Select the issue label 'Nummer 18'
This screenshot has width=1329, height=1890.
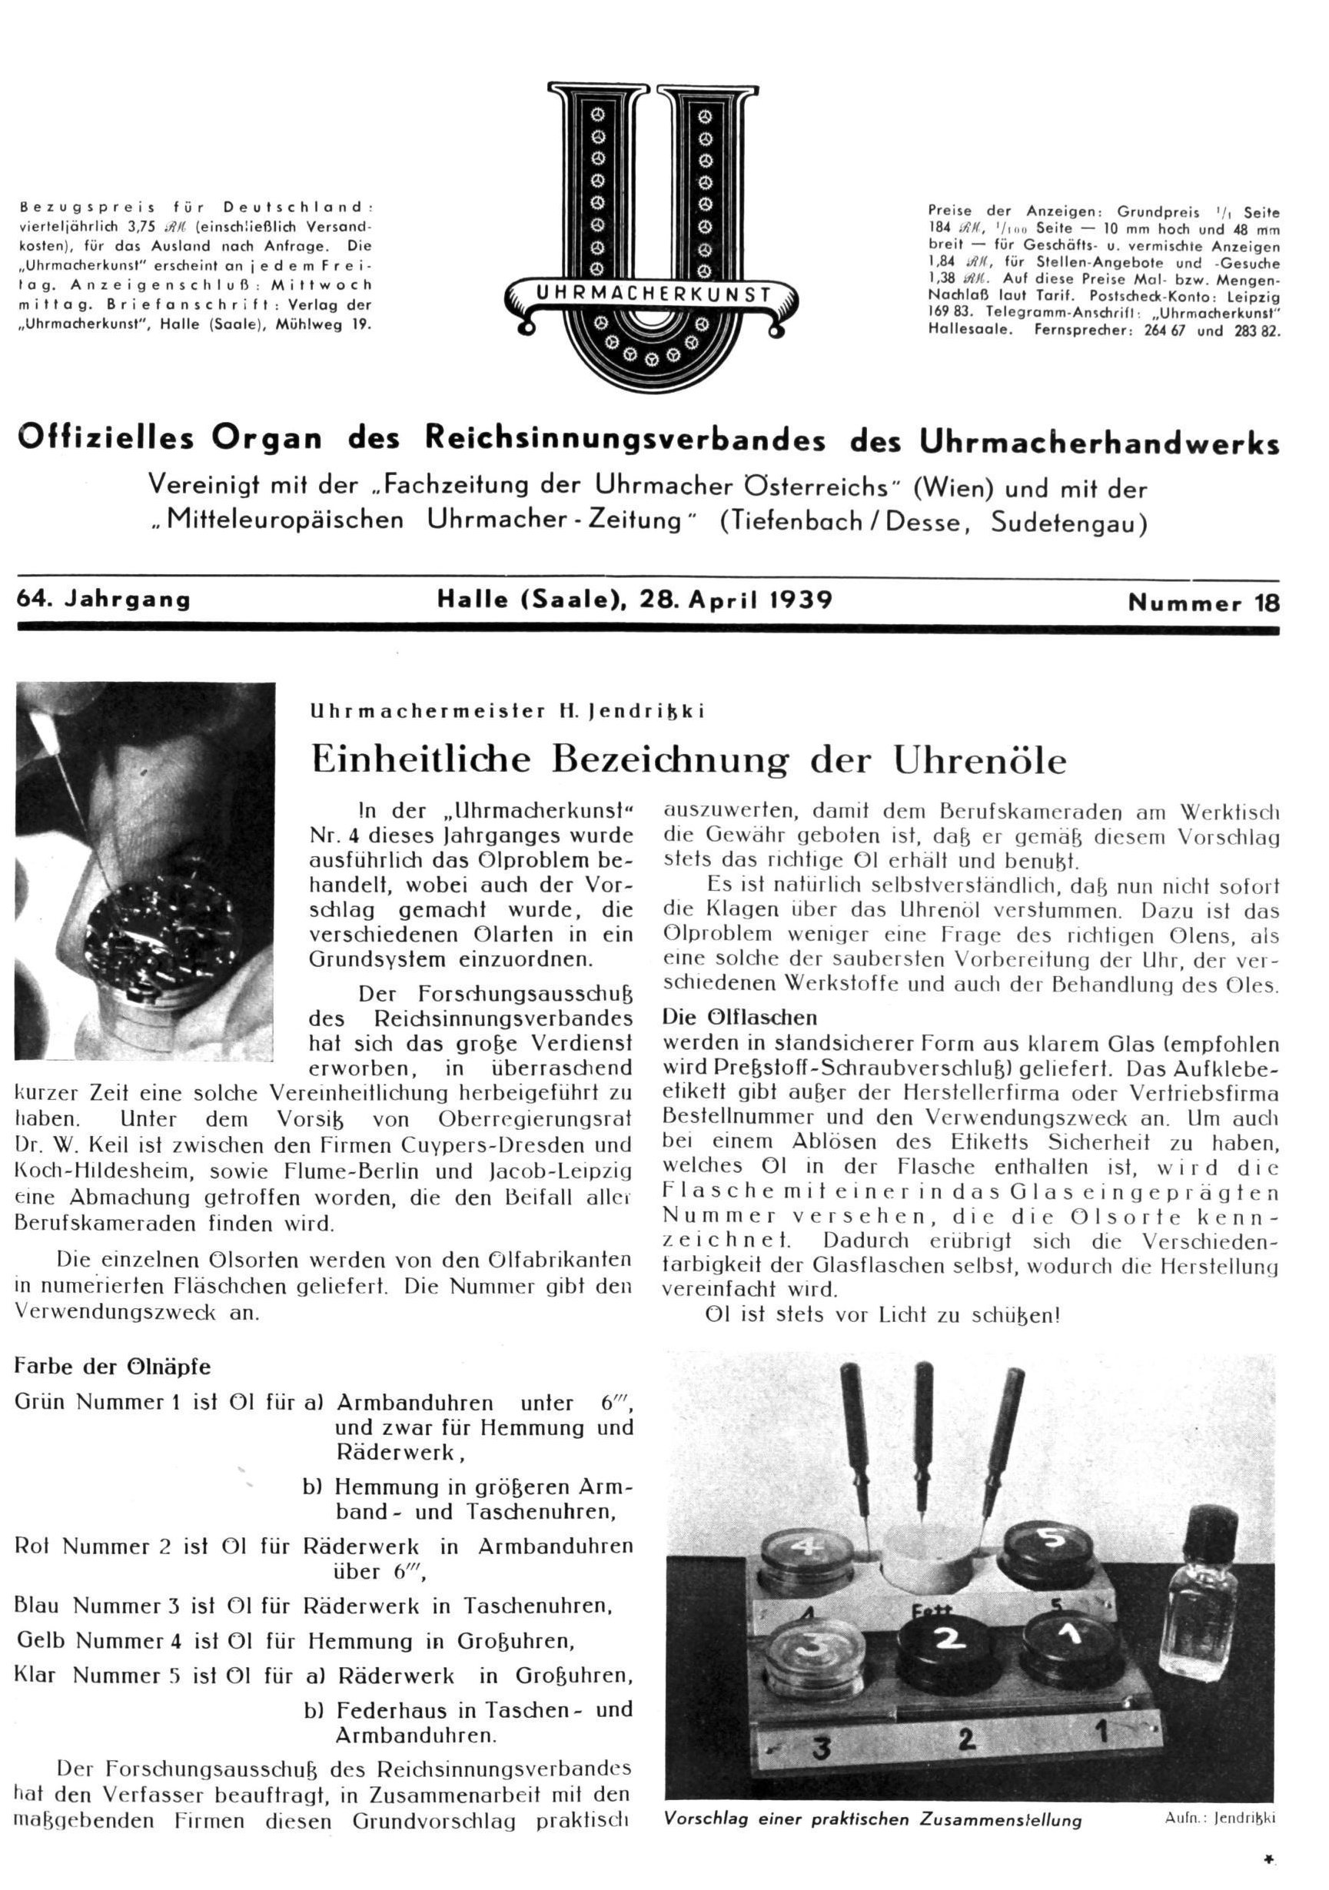[x=1203, y=603]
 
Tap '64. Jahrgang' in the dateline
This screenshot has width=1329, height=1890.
[x=104, y=600]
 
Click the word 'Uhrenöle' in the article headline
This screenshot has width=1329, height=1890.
[x=979, y=760]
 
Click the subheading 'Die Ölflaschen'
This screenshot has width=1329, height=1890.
[x=739, y=1017]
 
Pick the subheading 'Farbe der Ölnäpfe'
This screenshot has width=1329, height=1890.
[x=113, y=1367]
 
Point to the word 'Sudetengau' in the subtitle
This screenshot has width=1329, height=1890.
[x=1068, y=523]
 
